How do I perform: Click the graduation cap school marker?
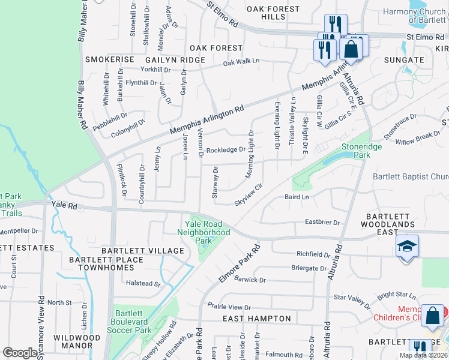pyautogui.click(x=407, y=247)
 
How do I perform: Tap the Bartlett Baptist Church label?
pyautogui.click(x=411, y=176)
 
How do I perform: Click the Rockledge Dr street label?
pyautogui.click(x=226, y=150)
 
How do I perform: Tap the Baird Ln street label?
pyautogui.click(x=297, y=197)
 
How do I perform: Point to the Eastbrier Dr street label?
pyautogui.click(x=322, y=223)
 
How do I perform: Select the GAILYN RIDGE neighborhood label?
pyautogui.click(x=167, y=60)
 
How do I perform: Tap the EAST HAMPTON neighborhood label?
pyautogui.click(x=257, y=319)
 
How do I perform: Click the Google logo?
pyautogui.click(x=20, y=353)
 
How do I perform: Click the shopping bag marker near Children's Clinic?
pyautogui.click(x=432, y=316)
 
